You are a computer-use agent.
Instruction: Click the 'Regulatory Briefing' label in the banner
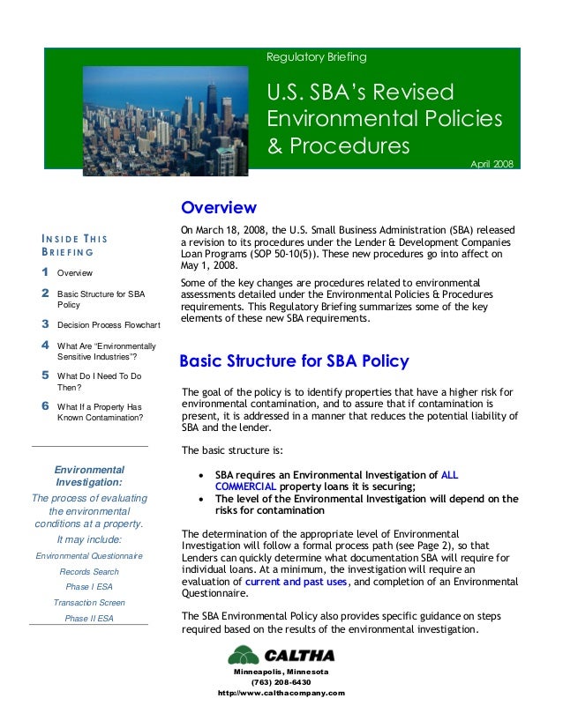point(316,58)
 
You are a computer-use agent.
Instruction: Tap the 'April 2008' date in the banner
point(492,164)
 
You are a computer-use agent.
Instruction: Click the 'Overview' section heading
point(218,209)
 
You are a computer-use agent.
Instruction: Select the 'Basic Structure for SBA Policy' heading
point(294,361)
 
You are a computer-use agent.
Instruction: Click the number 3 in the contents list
point(45,324)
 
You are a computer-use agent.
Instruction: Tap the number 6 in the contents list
point(45,406)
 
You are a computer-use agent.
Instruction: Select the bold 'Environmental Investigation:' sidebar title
point(89,477)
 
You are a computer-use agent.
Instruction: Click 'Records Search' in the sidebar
point(89,571)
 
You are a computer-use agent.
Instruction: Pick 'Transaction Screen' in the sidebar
point(89,603)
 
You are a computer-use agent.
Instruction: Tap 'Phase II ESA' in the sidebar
point(89,619)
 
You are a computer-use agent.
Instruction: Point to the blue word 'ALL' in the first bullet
point(449,473)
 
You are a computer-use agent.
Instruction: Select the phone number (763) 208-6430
point(281,682)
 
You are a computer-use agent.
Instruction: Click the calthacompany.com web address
point(281,693)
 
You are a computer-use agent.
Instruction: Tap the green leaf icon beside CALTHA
point(244,656)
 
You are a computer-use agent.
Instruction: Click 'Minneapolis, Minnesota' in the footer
point(281,672)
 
